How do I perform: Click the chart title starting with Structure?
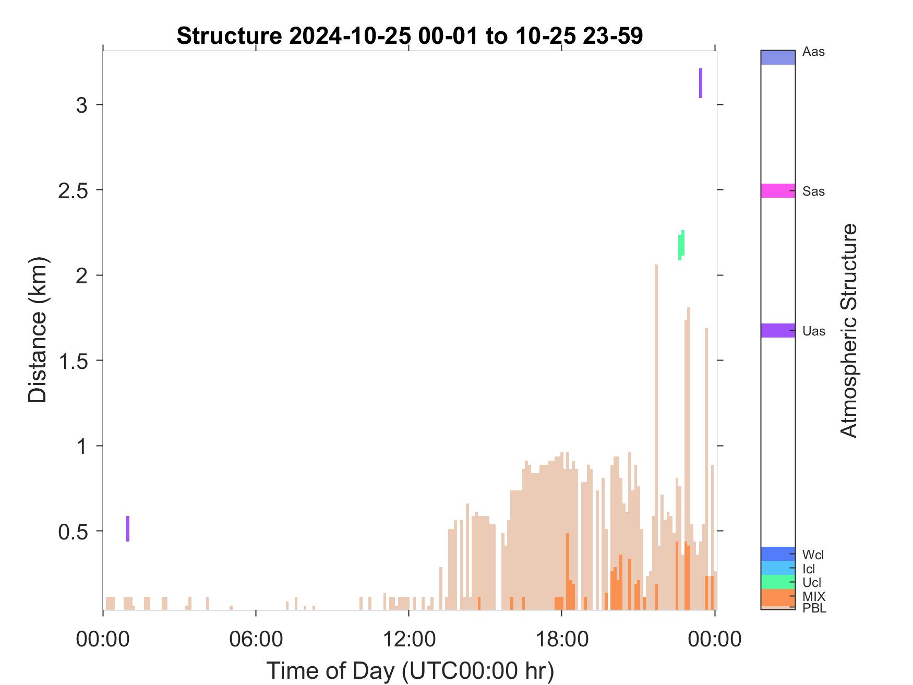coord(410,36)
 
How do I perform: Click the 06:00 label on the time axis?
coord(256,639)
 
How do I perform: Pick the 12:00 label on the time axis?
coord(409,639)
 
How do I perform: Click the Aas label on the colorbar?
coord(813,52)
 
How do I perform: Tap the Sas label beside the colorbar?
coord(813,191)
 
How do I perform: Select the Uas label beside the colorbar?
coord(814,331)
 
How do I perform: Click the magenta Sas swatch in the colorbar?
coord(778,190)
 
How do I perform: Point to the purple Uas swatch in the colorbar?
coord(778,330)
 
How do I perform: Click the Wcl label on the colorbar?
coord(813,555)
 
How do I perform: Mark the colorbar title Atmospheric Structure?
coord(849,330)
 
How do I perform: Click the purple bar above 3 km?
coord(701,83)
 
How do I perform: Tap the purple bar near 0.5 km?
coord(128,528)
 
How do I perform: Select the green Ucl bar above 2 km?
coord(681,245)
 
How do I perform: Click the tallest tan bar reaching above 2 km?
coord(656,437)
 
